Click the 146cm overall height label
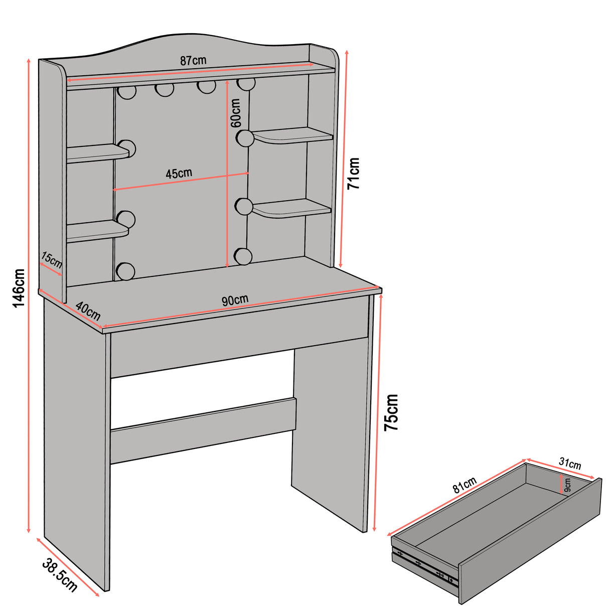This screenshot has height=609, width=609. (x=18, y=288)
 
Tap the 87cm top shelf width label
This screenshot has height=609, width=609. (x=193, y=61)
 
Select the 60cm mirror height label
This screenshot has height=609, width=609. (x=236, y=113)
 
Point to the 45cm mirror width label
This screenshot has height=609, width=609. (x=179, y=174)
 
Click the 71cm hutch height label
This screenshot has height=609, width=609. (x=354, y=173)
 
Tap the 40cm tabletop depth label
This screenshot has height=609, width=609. (x=88, y=312)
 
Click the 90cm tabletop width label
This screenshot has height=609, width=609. (x=235, y=300)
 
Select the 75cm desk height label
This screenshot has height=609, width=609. (x=391, y=412)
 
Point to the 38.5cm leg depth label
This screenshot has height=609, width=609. (x=60, y=574)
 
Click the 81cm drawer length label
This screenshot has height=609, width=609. (x=465, y=485)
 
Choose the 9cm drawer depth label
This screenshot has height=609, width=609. (x=567, y=485)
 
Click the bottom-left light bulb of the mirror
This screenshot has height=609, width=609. (x=125, y=271)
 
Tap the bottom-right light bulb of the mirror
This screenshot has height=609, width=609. (x=243, y=256)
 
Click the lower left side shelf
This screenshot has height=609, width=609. (x=95, y=232)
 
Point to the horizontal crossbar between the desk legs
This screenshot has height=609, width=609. (x=203, y=430)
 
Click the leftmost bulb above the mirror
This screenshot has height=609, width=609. (x=127, y=92)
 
